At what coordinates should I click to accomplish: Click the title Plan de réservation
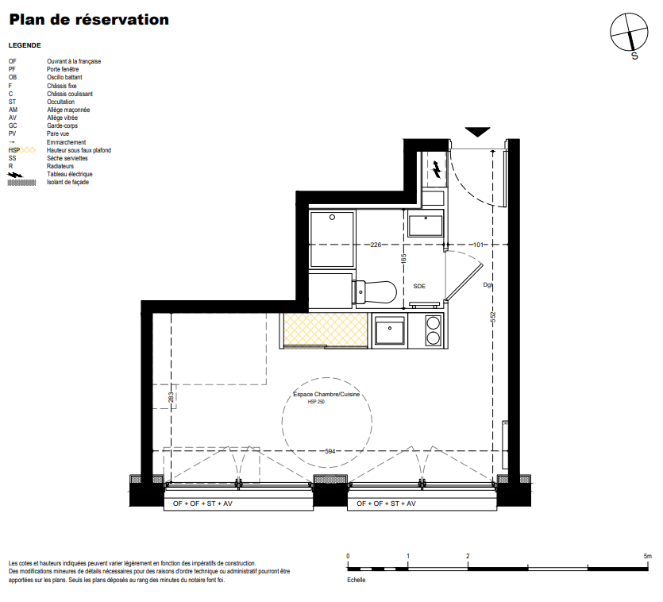tap(89, 20)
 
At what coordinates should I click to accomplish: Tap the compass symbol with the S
tap(629, 32)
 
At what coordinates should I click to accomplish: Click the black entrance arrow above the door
tap(477, 132)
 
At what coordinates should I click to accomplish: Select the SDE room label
tap(419, 287)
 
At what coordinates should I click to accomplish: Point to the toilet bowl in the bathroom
tap(376, 292)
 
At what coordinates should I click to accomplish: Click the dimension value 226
tap(376, 245)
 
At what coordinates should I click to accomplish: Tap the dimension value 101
tap(478, 245)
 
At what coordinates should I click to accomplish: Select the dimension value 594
tap(330, 451)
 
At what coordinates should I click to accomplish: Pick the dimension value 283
tap(171, 398)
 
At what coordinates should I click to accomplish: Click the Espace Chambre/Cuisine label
tap(326, 394)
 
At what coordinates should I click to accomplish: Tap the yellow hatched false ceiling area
tap(326, 329)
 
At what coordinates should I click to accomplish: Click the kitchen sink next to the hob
tap(389, 330)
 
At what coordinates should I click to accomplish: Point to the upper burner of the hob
tap(433, 323)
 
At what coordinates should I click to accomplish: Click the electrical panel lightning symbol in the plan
tap(438, 169)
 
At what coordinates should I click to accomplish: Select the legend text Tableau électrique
tap(69, 174)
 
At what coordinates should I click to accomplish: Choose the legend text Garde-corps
tap(62, 125)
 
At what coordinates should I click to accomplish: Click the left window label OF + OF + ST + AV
tap(202, 504)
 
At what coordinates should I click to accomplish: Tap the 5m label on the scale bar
tap(647, 556)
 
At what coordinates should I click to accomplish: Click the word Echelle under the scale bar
tap(356, 580)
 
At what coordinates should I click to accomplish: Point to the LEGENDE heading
tap(25, 45)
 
